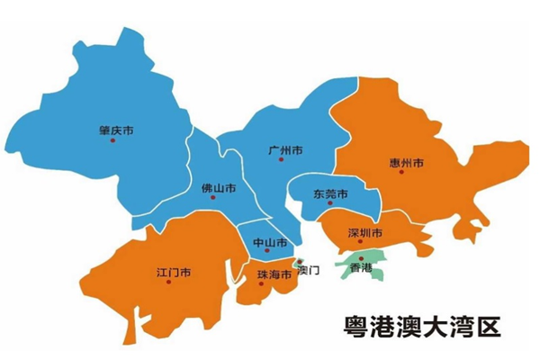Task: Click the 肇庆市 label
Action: (117, 130)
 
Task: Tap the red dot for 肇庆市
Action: (112, 140)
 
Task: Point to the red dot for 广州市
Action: (281, 159)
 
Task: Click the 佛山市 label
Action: (219, 189)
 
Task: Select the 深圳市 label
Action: (365, 234)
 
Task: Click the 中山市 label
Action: (270, 244)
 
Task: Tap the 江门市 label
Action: (172, 271)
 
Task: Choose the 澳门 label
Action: (309, 269)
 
